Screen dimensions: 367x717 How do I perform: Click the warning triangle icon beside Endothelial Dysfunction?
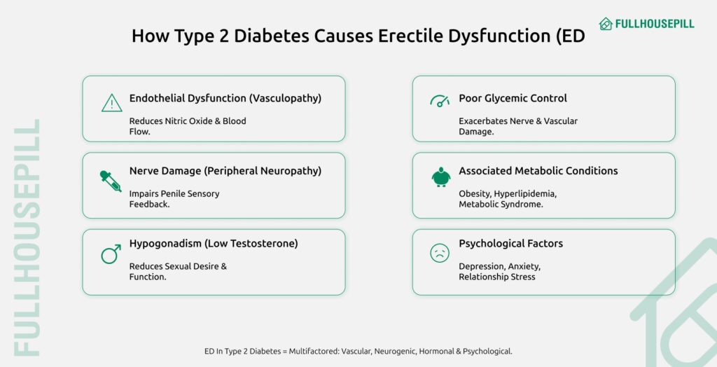click(x=111, y=104)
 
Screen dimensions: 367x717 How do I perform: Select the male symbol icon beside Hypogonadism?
click(x=111, y=254)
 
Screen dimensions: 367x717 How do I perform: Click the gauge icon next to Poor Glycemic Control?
click(x=440, y=101)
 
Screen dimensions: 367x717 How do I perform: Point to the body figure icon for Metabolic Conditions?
click(x=440, y=177)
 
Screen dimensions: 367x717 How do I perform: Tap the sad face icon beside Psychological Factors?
click(x=440, y=253)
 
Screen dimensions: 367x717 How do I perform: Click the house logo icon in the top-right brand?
click(x=606, y=24)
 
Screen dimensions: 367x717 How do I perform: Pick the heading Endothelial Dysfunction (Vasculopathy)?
click(x=225, y=98)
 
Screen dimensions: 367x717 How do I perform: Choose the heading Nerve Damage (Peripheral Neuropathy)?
click(x=225, y=171)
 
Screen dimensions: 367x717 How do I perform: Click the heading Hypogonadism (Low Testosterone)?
click(x=214, y=244)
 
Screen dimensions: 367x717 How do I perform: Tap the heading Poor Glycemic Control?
click(x=513, y=98)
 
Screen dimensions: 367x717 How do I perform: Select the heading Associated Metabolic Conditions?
click(x=538, y=171)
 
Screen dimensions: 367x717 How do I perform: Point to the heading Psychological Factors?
click(x=510, y=244)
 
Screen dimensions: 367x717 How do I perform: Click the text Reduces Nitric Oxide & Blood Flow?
click(x=187, y=126)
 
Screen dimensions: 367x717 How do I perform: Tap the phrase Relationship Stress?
click(x=496, y=277)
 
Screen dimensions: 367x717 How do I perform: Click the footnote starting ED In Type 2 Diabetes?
click(x=358, y=351)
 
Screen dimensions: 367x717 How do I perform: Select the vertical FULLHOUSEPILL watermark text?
click(x=27, y=238)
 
